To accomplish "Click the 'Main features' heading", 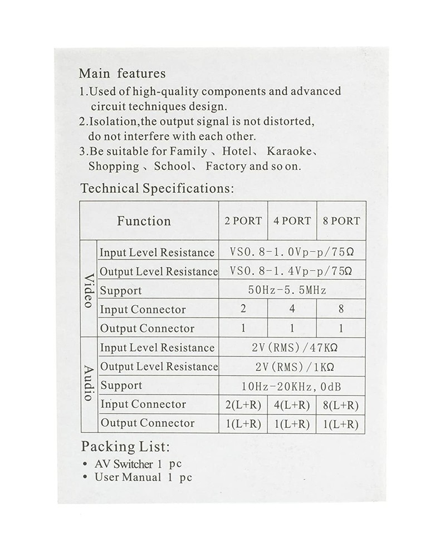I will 122,74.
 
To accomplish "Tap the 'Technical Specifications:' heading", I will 157,188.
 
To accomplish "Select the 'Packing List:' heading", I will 125,447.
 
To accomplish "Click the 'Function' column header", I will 144,221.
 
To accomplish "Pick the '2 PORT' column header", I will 243,221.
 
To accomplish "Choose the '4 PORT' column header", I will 292,221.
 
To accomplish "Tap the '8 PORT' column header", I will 341,221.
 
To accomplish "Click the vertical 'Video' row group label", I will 89,290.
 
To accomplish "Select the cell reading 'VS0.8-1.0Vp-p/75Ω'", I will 292,252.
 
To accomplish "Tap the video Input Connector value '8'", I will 341,309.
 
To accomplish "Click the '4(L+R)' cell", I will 292,405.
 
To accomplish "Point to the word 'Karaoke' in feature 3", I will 288,152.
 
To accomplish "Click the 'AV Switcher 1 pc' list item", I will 138,464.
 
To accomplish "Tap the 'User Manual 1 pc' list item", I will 143,477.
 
